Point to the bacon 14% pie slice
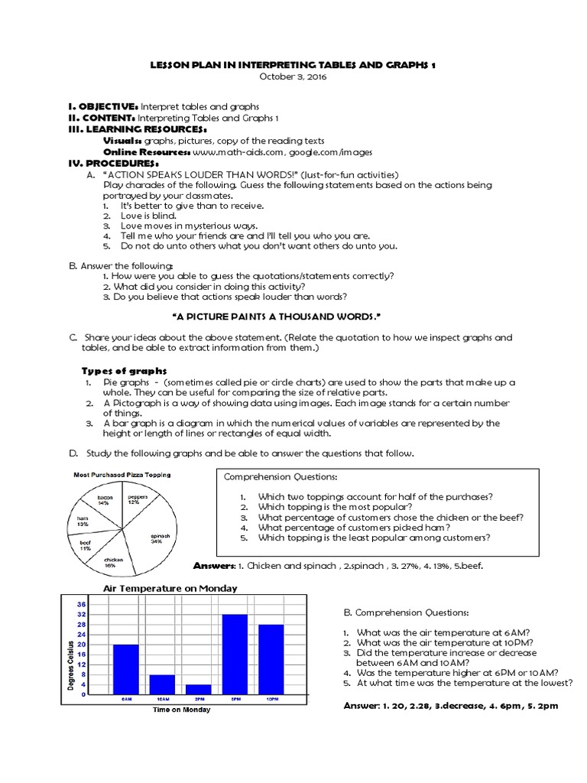click(105, 502)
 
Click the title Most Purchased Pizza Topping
click(122, 475)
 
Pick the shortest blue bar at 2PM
click(199, 689)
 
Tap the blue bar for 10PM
click(271, 659)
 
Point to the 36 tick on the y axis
click(82, 604)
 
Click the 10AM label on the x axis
click(163, 700)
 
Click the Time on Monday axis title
click(180, 710)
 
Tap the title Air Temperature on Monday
click(170, 588)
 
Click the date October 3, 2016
click(293, 77)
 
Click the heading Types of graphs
click(124, 371)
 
